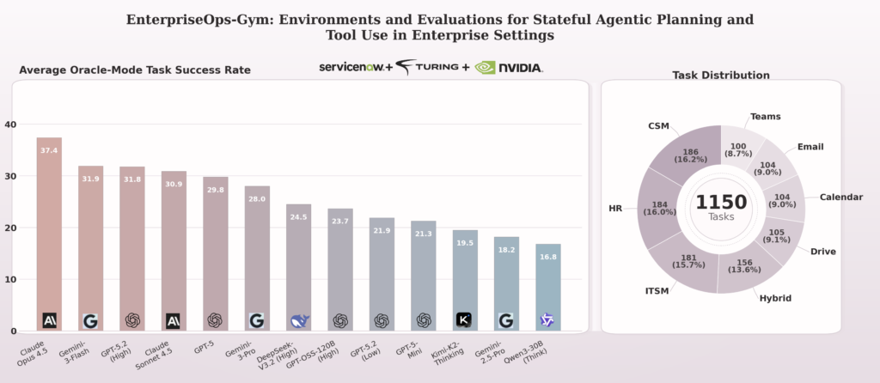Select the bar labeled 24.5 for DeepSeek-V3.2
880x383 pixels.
298,267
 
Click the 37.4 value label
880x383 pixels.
49,150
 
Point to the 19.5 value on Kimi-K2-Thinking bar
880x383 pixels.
464,243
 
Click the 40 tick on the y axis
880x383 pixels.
10,125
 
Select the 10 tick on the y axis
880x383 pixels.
10,280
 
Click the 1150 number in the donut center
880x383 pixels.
721,203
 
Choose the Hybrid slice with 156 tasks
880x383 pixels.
742,267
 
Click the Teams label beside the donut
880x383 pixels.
766,116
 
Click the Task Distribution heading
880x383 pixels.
720,76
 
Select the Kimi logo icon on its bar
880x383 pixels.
464,320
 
